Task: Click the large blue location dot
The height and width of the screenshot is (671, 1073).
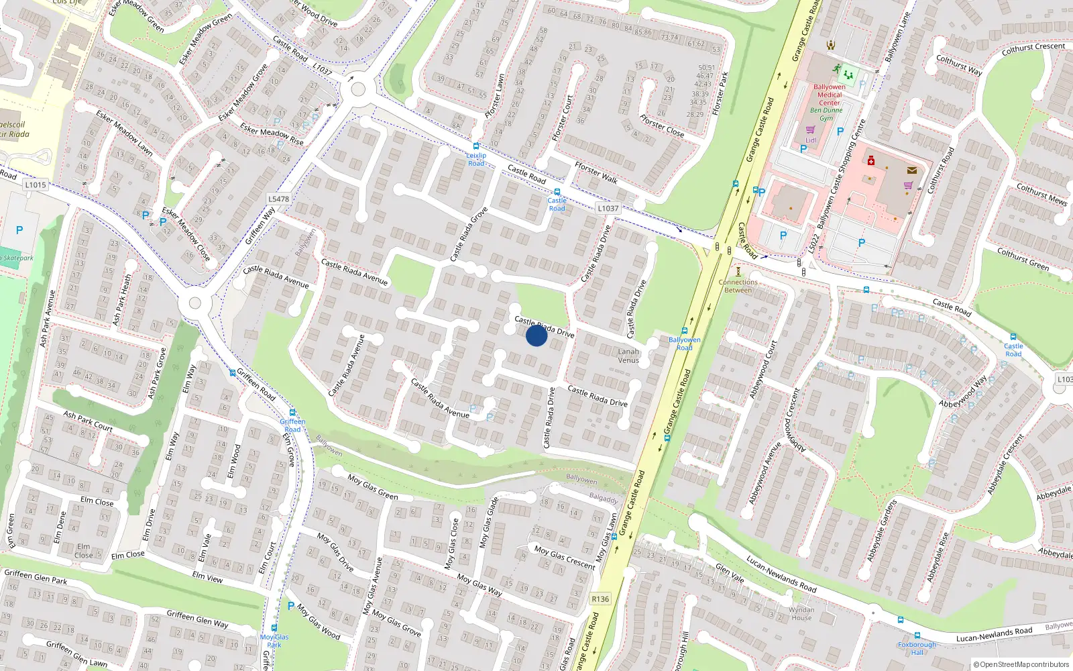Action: point(536,335)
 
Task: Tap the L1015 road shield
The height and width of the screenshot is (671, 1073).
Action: point(36,185)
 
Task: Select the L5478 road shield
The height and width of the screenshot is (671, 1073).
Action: point(278,199)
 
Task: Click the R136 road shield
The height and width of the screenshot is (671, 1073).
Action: point(600,599)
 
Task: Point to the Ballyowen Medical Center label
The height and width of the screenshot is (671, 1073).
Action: point(830,95)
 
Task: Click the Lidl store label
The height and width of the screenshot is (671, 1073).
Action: point(811,140)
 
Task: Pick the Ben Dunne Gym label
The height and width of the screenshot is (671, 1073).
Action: point(826,114)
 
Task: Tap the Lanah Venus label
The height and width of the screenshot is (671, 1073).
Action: point(628,356)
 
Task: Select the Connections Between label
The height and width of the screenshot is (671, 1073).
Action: point(738,286)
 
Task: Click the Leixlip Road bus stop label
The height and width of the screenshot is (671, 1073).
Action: point(476,159)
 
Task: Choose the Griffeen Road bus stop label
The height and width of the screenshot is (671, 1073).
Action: point(292,425)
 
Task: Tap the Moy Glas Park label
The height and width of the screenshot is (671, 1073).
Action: point(274,641)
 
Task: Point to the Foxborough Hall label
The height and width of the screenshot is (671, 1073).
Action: point(917,648)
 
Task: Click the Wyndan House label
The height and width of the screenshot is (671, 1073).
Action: point(801,613)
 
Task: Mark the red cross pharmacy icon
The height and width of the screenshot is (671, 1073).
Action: point(871,161)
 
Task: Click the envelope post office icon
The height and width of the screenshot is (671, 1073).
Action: point(911,170)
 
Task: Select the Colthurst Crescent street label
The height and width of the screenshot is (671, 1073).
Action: point(1033,49)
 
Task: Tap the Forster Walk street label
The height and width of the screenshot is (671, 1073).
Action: point(596,172)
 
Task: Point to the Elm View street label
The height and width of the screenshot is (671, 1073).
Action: point(207,577)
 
